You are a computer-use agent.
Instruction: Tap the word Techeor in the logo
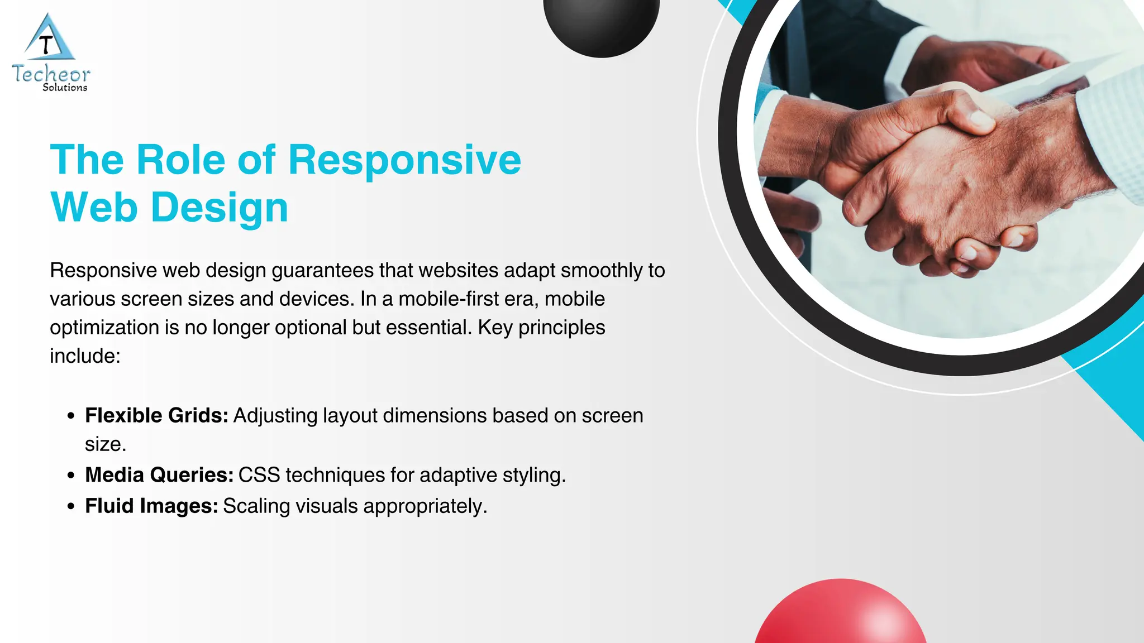click(x=51, y=74)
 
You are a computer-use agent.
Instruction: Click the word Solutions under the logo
click(x=65, y=88)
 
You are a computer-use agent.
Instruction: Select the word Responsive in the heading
click(x=404, y=161)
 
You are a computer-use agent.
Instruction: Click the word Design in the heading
click(x=220, y=208)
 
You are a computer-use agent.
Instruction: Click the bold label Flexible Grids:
click(x=156, y=416)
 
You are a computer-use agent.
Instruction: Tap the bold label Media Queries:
click(x=159, y=475)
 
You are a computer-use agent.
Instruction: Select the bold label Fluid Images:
click(x=151, y=506)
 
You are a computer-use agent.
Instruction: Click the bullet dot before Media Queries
click(x=70, y=476)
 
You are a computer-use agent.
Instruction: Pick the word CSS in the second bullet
click(x=259, y=475)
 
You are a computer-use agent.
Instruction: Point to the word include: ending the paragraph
click(x=85, y=356)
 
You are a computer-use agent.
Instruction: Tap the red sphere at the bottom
click(x=841, y=614)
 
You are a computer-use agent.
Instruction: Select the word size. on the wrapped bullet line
click(x=106, y=445)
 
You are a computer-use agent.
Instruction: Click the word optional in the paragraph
click(x=311, y=328)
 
